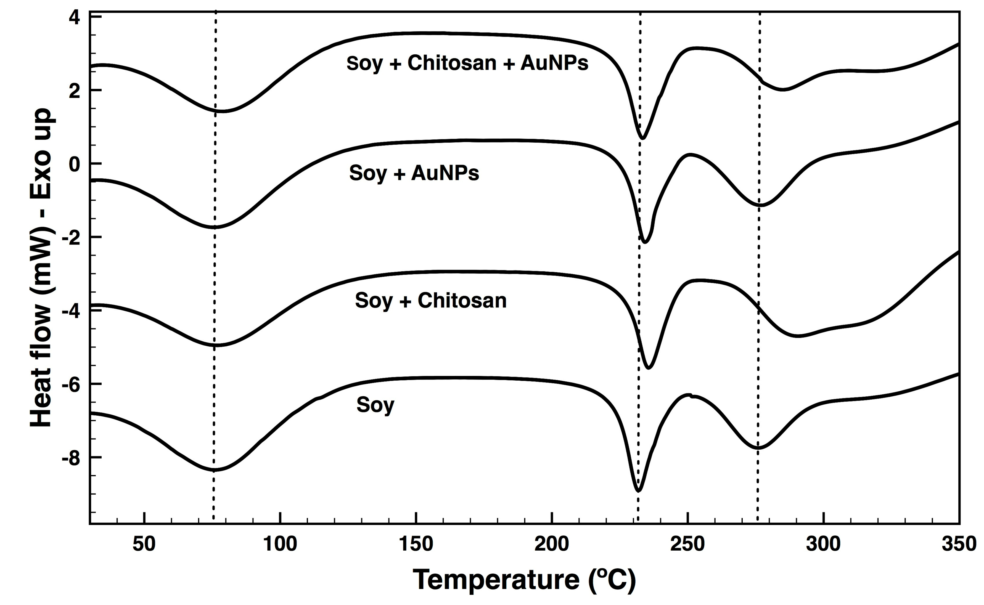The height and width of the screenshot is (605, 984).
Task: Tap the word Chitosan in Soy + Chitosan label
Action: pyautogui.click(x=462, y=301)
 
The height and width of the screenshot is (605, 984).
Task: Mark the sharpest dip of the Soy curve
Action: pyautogui.click(x=639, y=490)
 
